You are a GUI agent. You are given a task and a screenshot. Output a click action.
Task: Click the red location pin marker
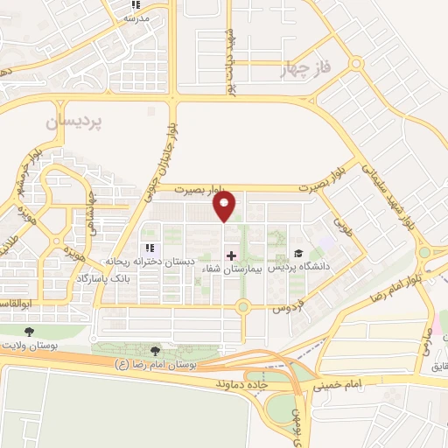(225, 206)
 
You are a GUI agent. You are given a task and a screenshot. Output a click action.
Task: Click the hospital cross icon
(231, 255)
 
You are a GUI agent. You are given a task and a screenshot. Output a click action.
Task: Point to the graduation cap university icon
(298, 254)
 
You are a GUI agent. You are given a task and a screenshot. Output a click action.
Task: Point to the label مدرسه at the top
(136, 17)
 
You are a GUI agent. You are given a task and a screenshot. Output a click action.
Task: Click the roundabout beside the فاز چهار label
(355, 63)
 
